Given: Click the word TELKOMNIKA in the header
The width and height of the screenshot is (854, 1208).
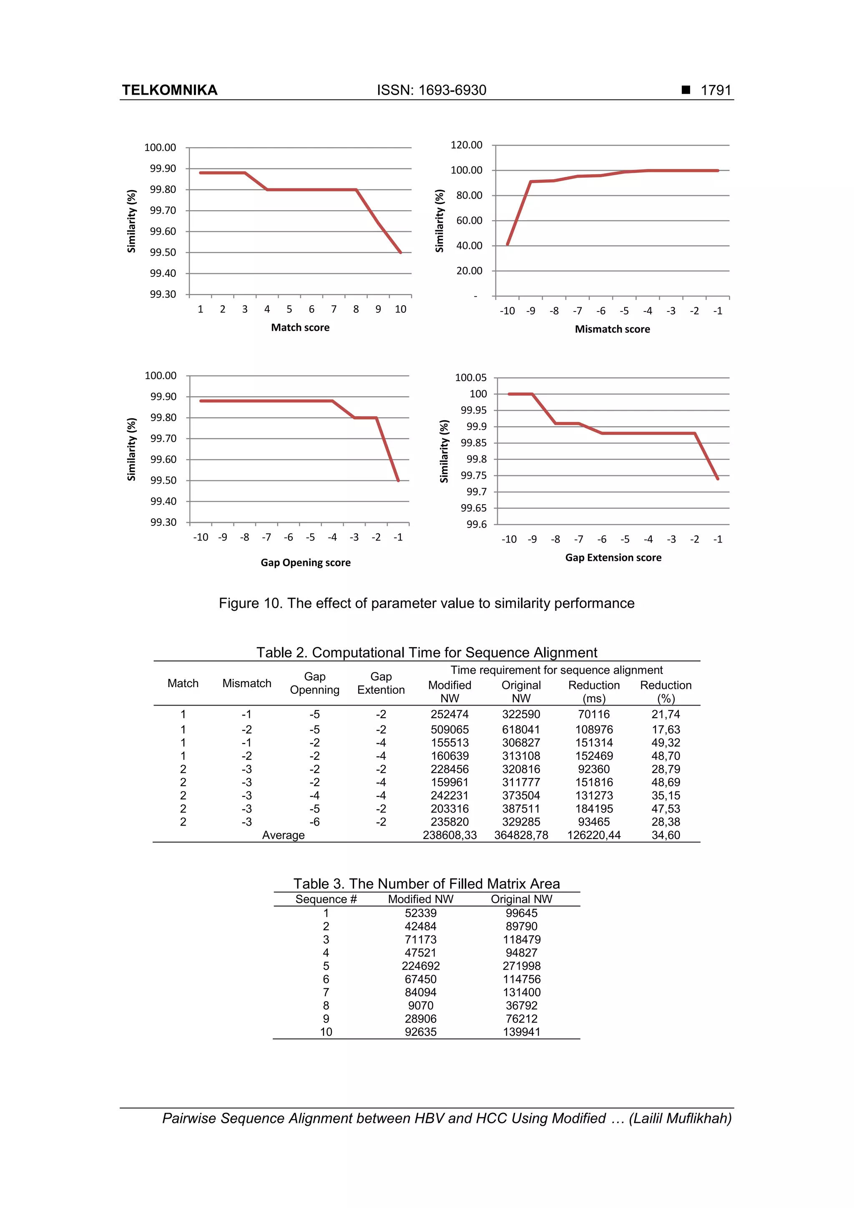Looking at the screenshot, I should [169, 90].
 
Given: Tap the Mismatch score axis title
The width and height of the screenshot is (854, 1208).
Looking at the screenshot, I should [612, 329].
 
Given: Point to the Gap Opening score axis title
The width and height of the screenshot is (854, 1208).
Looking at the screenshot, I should [305, 563].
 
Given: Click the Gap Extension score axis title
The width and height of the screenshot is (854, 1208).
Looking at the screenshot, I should [613, 557].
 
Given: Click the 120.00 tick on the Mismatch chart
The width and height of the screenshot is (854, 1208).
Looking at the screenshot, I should [466, 145].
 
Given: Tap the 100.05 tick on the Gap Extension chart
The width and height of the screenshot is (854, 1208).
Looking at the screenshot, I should [470, 378].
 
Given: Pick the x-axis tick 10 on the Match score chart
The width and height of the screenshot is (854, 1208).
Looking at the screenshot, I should [400, 309].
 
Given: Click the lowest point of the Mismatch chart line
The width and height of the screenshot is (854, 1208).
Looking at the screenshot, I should [507, 245].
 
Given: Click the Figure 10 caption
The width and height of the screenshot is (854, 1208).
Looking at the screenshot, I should [426, 603].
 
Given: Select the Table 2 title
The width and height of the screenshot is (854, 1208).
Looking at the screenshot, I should [426, 653].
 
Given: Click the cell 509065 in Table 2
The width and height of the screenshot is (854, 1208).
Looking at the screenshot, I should [450, 730].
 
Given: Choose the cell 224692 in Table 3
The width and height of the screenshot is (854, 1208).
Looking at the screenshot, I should [420, 966].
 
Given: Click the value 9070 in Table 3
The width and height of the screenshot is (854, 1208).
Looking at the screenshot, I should [420, 1005].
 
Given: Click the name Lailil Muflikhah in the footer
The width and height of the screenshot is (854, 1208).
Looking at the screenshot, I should [680, 1119].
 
